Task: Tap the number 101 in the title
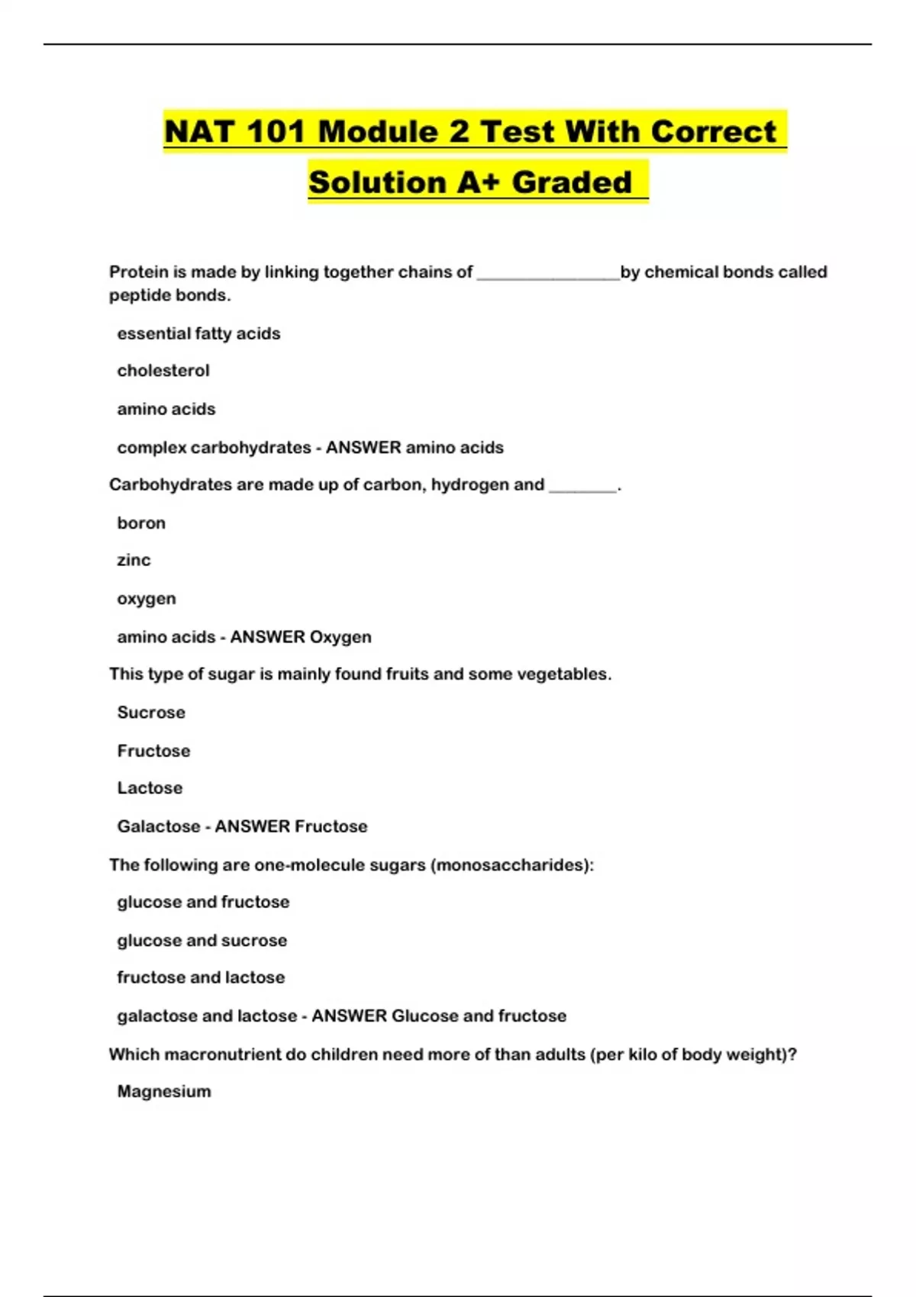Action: click(x=275, y=131)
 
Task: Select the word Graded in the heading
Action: click(x=572, y=182)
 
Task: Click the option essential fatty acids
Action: click(x=198, y=333)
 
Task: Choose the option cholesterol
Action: click(x=163, y=371)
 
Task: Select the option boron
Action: click(x=141, y=523)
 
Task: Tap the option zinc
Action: click(x=134, y=560)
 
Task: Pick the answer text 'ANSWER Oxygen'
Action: click(x=301, y=637)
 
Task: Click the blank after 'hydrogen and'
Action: click(x=582, y=488)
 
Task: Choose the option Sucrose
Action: click(x=151, y=713)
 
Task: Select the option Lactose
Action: click(x=150, y=788)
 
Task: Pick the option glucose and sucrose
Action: click(x=202, y=941)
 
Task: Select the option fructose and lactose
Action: click(x=201, y=977)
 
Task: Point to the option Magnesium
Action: click(x=164, y=1092)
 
